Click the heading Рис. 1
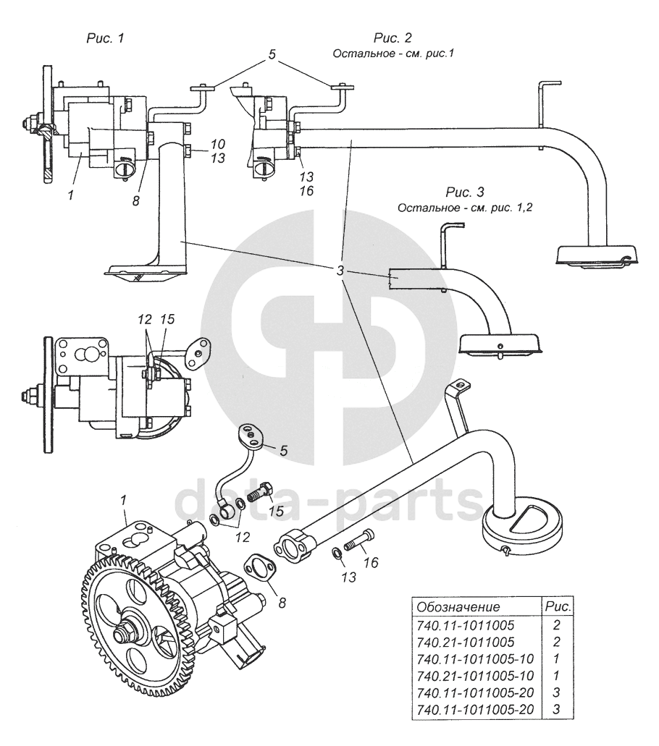click(105, 38)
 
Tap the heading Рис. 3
click(465, 192)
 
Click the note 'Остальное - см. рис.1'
click(393, 54)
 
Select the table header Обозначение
click(458, 607)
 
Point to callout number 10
click(217, 144)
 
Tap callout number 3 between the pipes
click(340, 271)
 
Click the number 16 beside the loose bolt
click(371, 563)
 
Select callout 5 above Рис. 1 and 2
click(272, 54)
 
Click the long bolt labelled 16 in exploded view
click(361, 541)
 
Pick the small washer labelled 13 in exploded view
click(336, 554)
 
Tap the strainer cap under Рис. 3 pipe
click(500, 344)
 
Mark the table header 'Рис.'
click(558, 607)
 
